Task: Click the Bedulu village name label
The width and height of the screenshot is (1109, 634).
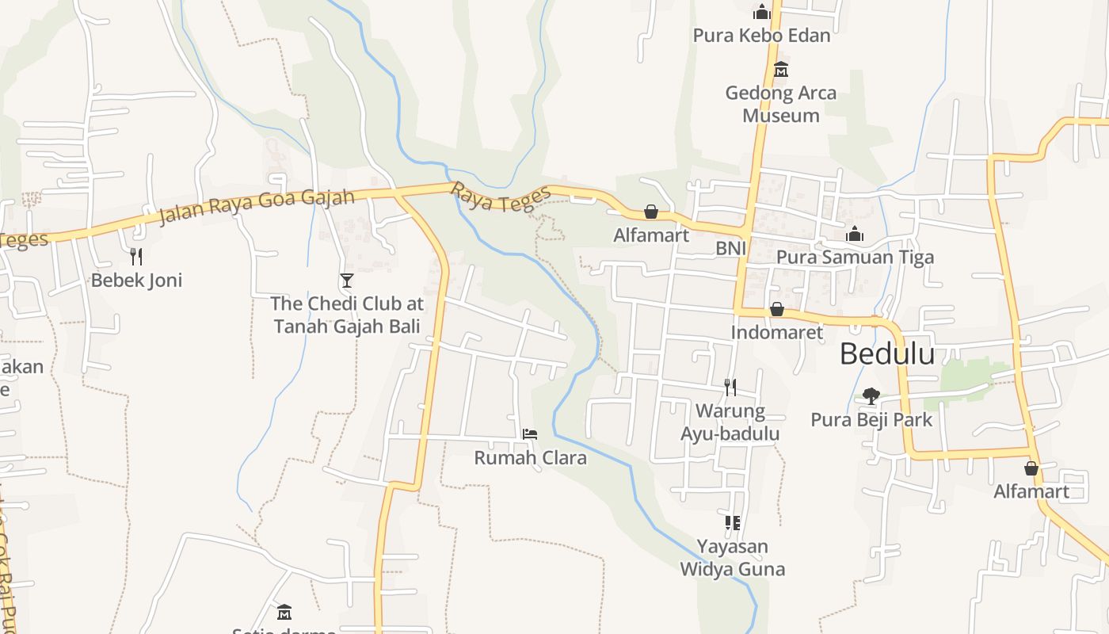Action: click(x=887, y=354)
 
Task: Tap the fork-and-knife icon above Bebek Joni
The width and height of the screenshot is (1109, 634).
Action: click(x=136, y=256)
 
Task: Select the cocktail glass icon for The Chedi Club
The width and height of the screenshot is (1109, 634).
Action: click(x=346, y=280)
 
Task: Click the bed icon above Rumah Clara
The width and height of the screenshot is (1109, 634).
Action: click(x=530, y=433)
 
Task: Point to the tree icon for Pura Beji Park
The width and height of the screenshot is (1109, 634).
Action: click(x=871, y=395)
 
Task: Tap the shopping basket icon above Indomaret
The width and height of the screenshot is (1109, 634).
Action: click(x=777, y=309)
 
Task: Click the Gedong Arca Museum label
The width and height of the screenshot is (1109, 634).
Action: click(x=781, y=104)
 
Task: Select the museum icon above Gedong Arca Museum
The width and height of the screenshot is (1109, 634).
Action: click(x=781, y=69)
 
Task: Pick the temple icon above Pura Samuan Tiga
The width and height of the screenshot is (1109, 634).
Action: click(x=855, y=234)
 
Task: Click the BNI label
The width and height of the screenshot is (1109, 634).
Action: click(x=731, y=248)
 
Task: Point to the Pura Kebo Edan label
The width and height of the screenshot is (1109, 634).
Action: click(x=762, y=36)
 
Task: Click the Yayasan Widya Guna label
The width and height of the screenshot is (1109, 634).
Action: click(x=733, y=558)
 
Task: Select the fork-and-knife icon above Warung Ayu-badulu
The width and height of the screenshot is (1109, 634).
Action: click(x=730, y=387)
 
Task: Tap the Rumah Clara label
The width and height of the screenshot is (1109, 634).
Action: click(x=530, y=457)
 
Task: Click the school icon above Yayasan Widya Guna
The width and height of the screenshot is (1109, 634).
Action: click(x=732, y=522)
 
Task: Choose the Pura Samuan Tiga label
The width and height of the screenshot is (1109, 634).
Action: click(x=855, y=257)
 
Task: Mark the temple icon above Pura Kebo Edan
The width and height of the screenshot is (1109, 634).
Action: click(x=762, y=12)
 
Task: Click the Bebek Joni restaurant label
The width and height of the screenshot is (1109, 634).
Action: click(x=136, y=280)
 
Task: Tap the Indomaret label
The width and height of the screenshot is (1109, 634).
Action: click(x=777, y=332)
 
